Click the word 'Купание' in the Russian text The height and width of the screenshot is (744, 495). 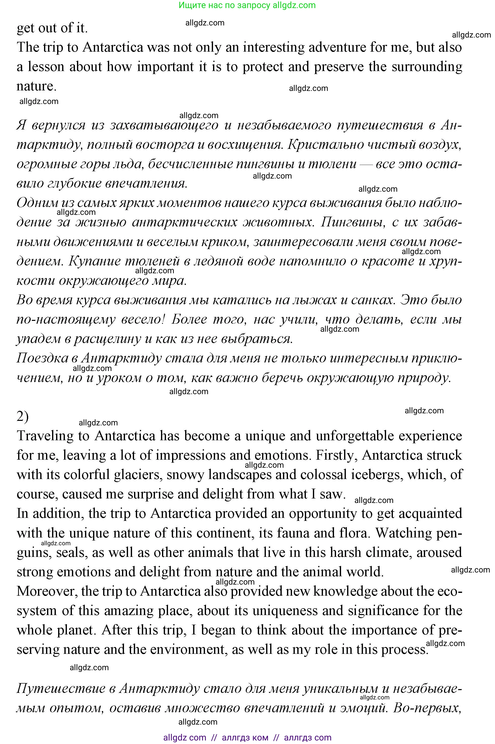pos(94,261)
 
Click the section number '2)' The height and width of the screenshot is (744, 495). pos(22,417)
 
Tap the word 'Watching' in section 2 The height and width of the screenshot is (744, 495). pos(402,533)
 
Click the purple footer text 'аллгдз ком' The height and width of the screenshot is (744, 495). pos(245,738)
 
